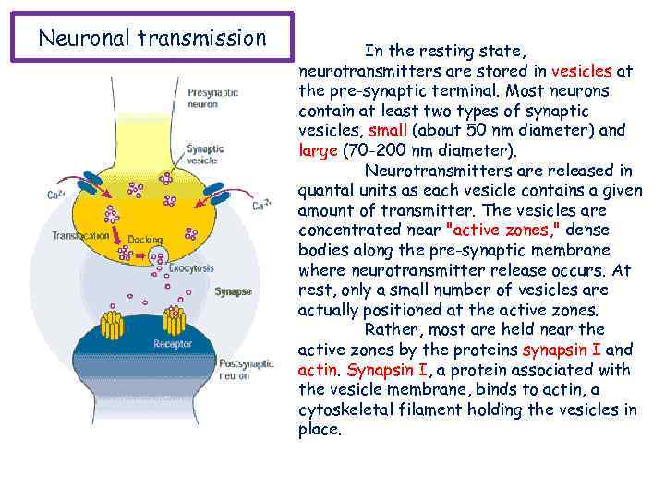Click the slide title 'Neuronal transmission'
tap(151, 39)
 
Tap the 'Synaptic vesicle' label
tap(203, 153)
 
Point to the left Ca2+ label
tap(56, 195)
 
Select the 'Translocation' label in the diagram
tap(80, 235)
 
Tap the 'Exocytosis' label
tap(191, 267)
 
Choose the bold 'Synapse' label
tap(233, 291)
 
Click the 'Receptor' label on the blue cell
tap(173, 344)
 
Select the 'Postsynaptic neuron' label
tap(246, 370)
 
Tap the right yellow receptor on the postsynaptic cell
tap(174, 321)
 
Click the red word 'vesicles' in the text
tap(581, 70)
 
